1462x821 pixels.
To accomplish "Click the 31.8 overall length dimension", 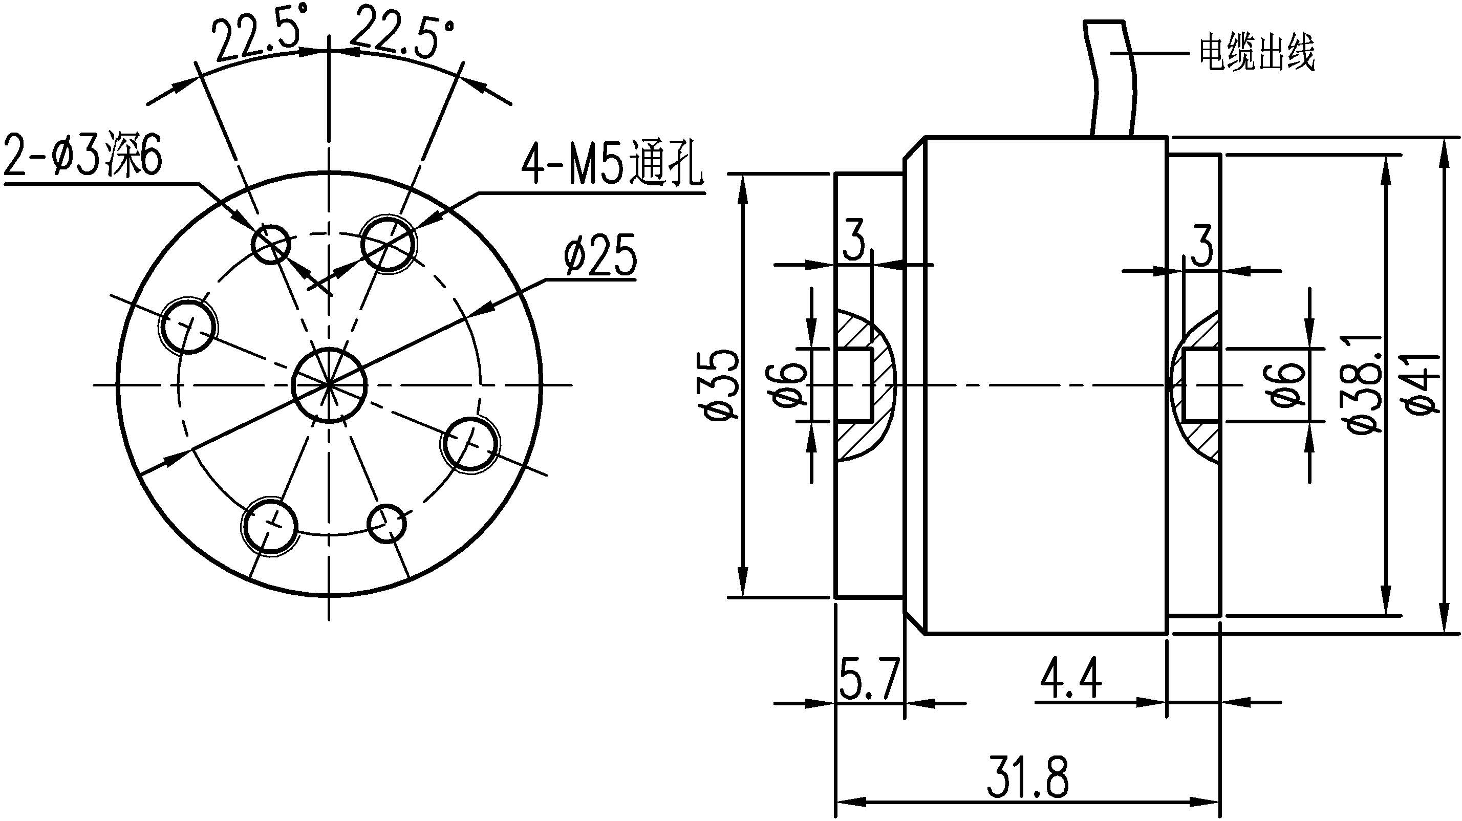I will click(x=1027, y=776).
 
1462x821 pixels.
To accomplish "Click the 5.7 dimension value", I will click(x=869, y=679).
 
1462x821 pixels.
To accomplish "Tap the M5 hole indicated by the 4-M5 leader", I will click(x=388, y=245).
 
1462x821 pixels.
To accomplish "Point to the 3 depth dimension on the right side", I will click(x=1201, y=246).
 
